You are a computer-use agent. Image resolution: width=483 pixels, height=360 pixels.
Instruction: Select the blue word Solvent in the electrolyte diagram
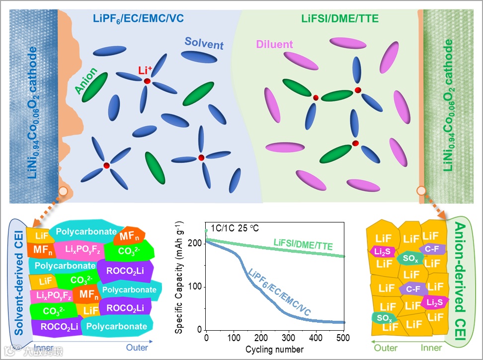click(x=204, y=44)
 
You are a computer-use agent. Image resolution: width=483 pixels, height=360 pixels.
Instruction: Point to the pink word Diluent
click(x=274, y=44)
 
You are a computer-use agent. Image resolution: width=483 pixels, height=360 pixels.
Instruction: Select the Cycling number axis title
click(x=274, y=349)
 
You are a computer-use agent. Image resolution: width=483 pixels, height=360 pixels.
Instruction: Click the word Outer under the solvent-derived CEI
click(x=137, y=348)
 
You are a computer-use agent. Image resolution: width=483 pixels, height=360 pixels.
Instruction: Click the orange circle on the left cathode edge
click(x=64, y=191)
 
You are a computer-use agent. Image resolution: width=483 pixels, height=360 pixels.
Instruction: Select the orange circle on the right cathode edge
click(x=421, y=190)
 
